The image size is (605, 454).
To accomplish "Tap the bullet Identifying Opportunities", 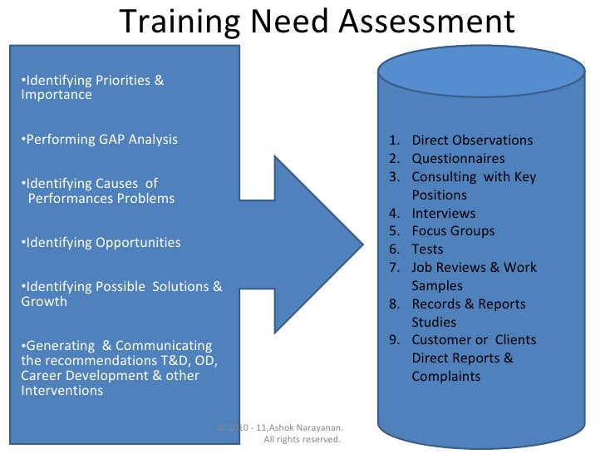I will (x=101, y=243).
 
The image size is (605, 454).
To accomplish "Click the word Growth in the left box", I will (x=43, y=301).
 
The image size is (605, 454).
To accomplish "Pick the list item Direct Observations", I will (x=472, y=141).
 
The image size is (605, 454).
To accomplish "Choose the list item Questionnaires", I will (x=458, y=159).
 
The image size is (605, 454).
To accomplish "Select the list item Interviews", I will (x=444, y=213).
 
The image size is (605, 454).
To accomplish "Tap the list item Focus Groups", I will (x=453, y=231).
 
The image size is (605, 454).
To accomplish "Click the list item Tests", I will (x=427, y=249).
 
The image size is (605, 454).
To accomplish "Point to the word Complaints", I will (x=446, y=377).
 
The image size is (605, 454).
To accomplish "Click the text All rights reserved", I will (x=302, y=440).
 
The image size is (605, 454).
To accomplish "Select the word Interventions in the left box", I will (x=61, y=391).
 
